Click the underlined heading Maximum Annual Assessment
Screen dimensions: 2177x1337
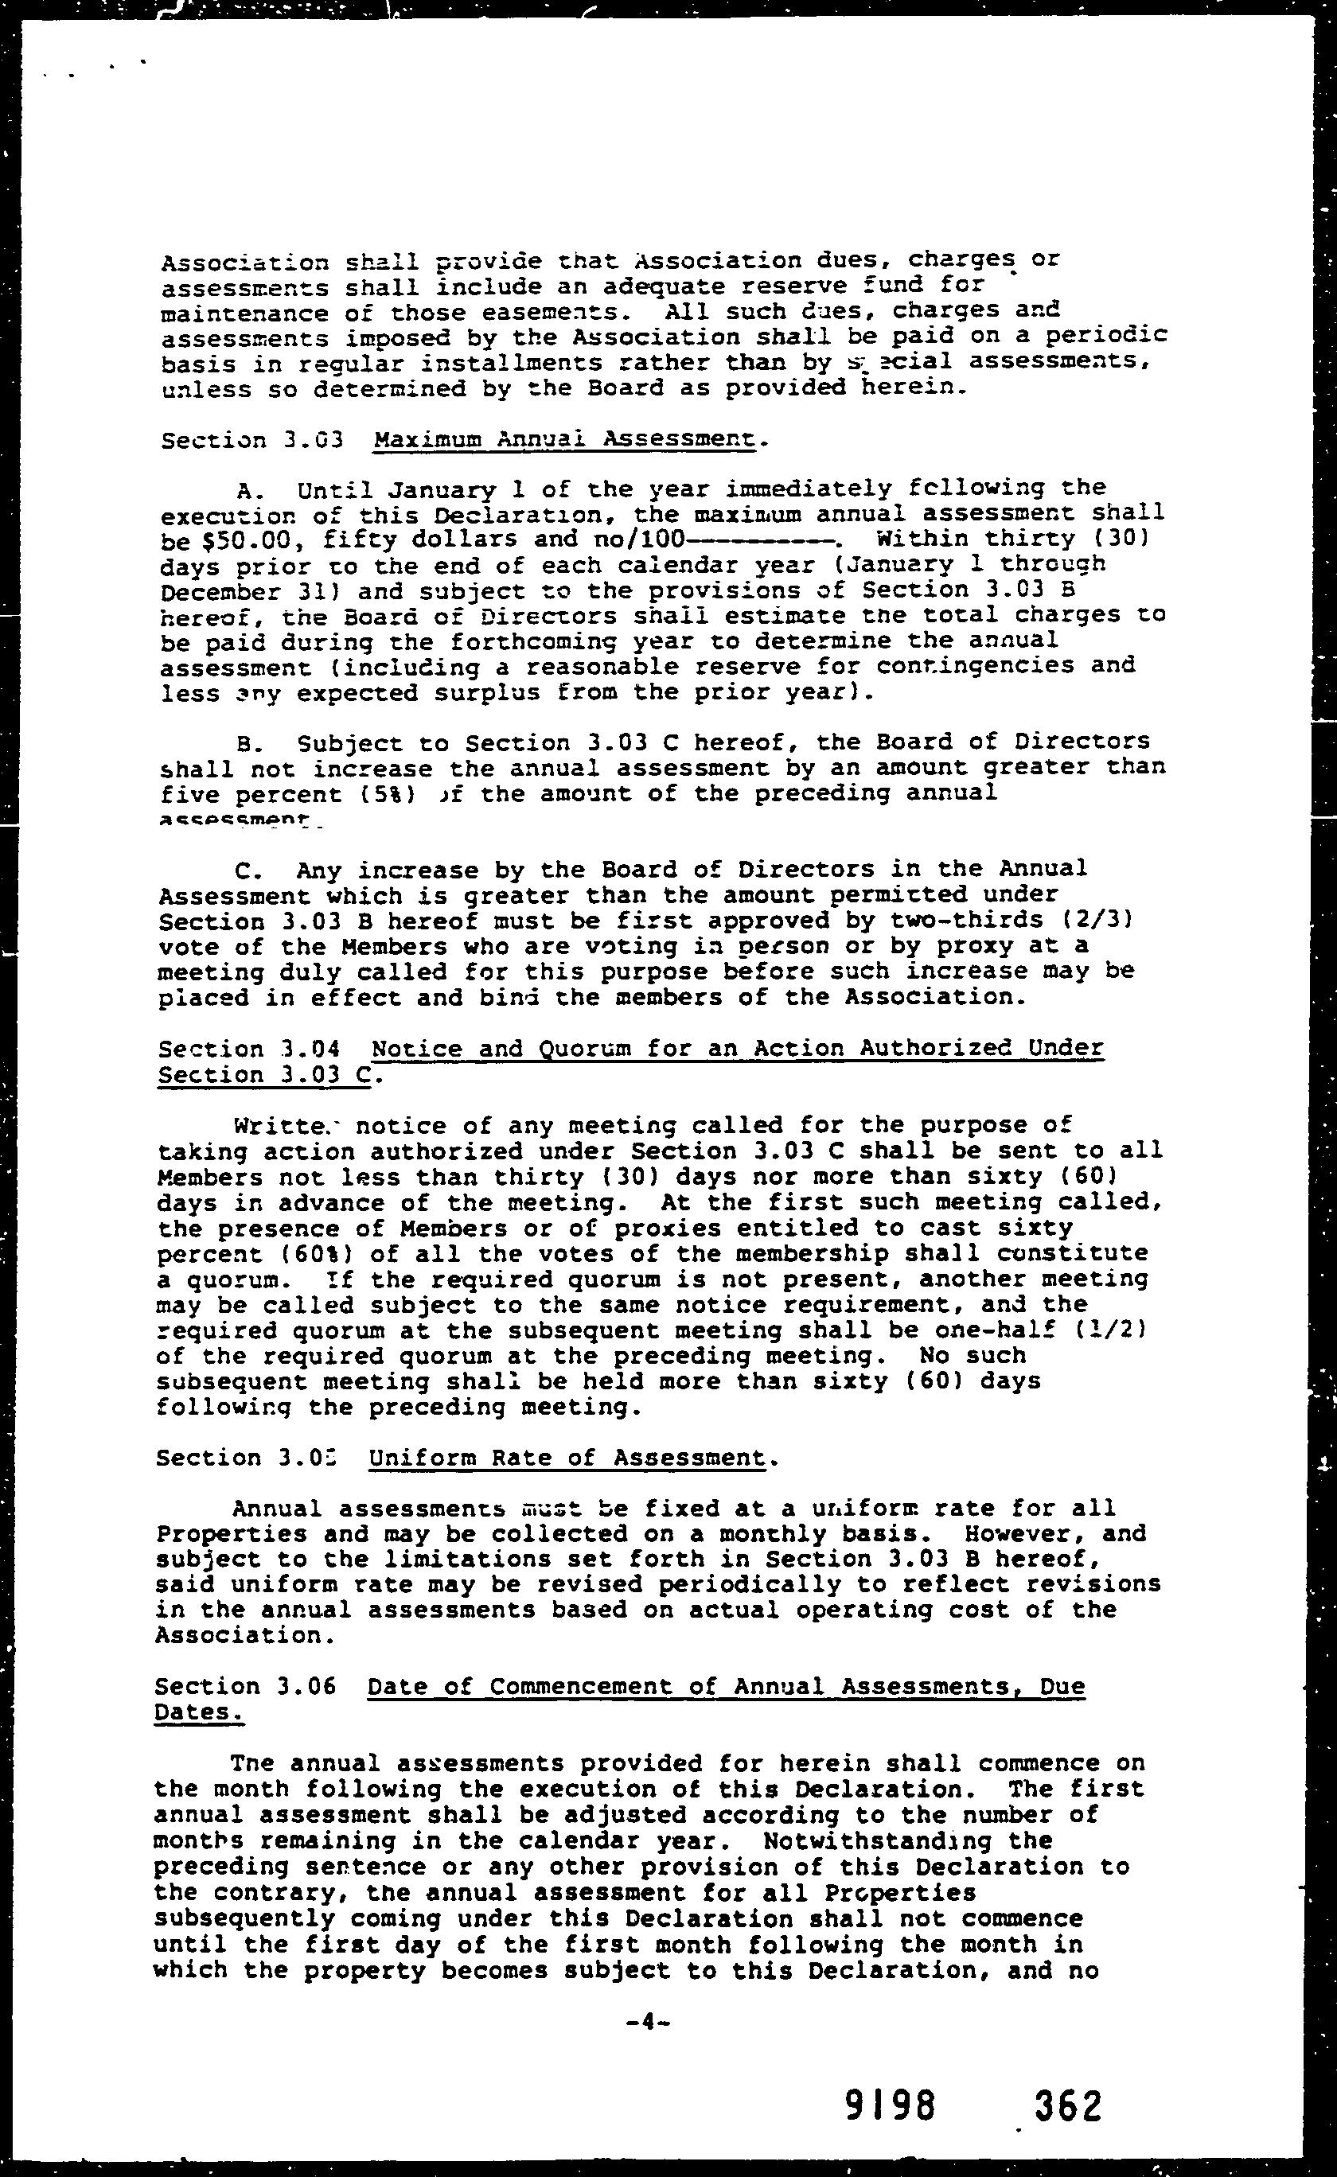coord(564,438)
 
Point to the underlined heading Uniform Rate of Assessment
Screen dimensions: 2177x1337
coord(567,1458)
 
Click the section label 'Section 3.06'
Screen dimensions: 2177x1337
coord(245,1685)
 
